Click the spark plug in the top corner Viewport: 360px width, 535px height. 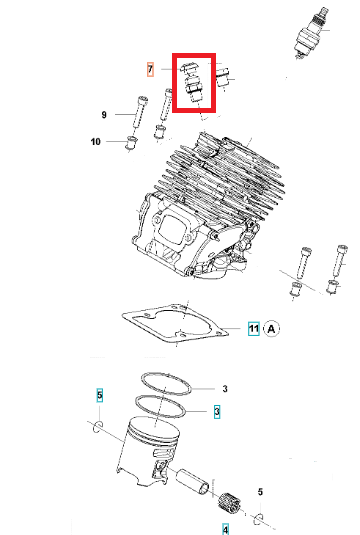(x=312, y=33)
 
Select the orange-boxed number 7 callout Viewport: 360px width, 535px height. (x=150, y=70)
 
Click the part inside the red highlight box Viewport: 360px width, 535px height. (x=192, y=83)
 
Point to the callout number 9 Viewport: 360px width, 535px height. (x=104, y=115)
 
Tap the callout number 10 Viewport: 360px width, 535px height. (x=96, y=142)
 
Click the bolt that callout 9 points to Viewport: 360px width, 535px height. (x=140, y=112)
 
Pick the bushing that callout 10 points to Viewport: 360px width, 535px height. (x=131, y=142)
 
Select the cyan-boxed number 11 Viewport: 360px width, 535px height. (x=254, y=329)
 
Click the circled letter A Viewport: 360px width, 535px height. (x=272, y=329)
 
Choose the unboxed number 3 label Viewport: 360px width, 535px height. (x=225, y=389)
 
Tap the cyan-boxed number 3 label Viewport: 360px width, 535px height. (x=217, y=412)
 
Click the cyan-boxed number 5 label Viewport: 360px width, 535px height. (x=99, y=395)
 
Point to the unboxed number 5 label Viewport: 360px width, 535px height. (x=260, y=492)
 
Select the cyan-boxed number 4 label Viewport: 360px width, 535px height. (x=225, y=529)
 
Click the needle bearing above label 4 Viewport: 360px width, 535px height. (x=229, y=503)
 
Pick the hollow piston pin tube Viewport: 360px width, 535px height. (x=192, y=481)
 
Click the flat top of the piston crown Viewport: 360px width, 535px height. (x=155, y=430)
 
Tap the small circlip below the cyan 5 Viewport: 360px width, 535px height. (x=98, y=426)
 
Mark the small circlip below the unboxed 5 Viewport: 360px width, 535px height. (x=259, y=518)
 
